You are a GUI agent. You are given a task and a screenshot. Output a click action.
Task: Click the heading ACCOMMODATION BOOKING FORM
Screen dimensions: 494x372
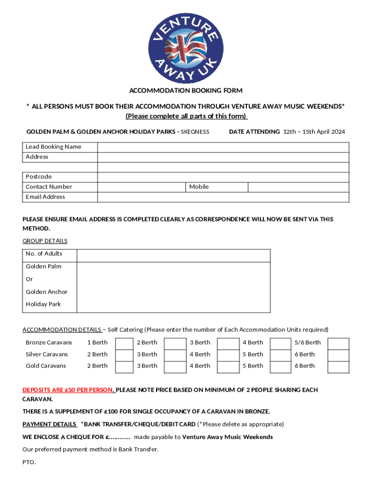186,91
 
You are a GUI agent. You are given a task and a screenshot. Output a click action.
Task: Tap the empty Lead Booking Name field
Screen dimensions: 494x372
223,147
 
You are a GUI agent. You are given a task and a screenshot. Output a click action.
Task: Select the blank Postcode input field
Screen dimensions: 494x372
223,177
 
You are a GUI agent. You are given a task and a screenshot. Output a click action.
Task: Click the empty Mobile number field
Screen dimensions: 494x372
298,187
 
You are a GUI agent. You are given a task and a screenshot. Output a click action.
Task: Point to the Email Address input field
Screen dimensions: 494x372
223,197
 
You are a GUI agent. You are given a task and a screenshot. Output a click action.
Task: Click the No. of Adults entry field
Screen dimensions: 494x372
173,255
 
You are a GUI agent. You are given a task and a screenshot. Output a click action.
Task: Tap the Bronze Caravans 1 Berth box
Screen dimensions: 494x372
124,343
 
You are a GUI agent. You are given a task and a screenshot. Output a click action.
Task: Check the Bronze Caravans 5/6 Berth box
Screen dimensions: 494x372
338,343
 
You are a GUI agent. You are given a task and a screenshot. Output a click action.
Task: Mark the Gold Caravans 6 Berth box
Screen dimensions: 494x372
338,366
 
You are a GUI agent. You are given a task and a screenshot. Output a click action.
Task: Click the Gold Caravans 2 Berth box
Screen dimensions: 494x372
124,366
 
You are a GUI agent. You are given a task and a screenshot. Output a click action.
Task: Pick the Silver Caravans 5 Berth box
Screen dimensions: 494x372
279,355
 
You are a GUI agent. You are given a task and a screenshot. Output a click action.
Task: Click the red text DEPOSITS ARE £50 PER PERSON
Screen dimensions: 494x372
68,390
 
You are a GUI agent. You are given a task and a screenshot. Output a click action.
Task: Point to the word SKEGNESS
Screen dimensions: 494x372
195,132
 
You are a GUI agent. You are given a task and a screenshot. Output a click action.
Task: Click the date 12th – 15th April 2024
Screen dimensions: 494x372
314,132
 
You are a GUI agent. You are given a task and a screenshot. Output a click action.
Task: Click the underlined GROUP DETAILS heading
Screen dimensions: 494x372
45,241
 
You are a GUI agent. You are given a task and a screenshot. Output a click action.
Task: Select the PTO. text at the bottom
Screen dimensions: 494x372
29,462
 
